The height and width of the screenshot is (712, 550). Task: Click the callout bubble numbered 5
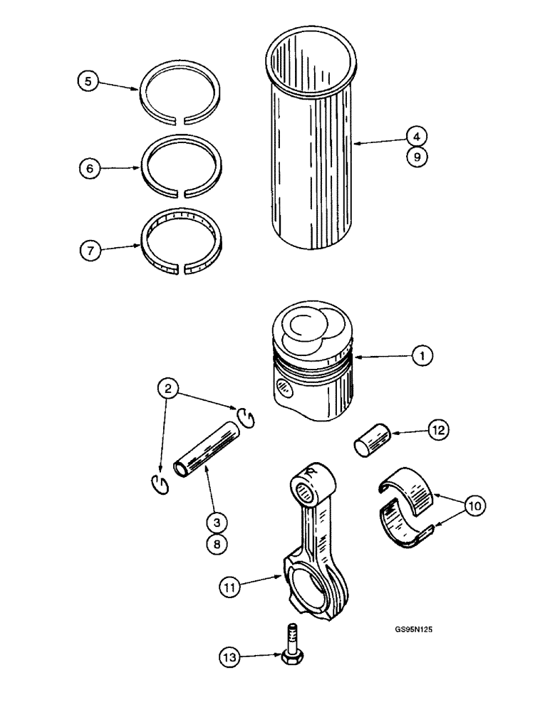click(x=88, y=82)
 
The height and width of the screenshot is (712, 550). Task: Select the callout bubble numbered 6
click(x=88, y=168)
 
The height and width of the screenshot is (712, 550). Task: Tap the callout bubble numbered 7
click(x=88, y=250)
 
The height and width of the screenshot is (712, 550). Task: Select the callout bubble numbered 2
click(x=169, y=389)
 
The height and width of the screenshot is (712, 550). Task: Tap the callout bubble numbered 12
click(x=437, y=429)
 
